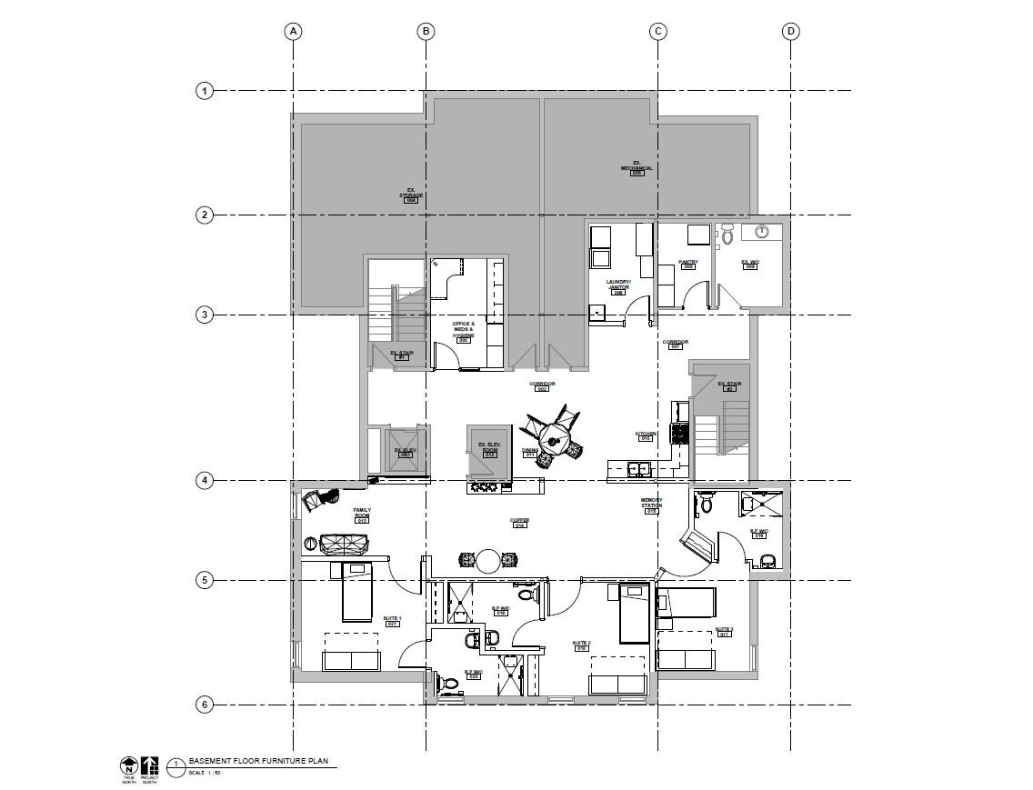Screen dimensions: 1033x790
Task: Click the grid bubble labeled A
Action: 293,32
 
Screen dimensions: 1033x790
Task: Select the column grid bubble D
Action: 791,32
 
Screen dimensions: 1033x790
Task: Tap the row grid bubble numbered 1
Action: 206,91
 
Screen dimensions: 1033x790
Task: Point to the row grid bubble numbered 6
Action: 206,705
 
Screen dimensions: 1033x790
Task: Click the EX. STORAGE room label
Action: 411,195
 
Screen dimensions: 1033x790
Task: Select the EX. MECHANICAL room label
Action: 637,167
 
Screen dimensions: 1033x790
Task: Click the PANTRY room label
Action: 687,264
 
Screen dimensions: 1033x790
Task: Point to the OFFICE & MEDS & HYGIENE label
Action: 464,330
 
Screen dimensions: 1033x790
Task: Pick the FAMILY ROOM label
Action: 361,515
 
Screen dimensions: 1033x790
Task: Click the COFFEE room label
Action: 520,522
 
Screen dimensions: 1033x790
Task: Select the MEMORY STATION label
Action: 651,505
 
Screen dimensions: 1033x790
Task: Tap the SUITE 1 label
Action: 393,621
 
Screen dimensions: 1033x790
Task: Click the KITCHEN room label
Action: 647,435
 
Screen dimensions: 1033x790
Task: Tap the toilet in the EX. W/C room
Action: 727,236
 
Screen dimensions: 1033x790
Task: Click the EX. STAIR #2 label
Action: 729,386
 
